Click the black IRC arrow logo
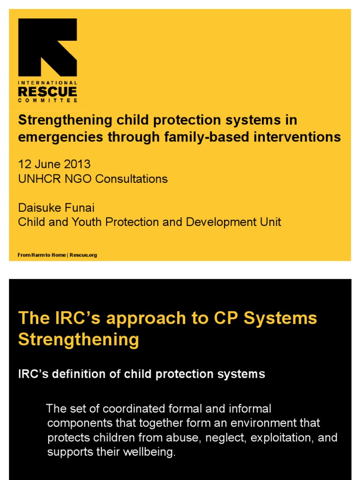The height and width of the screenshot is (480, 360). click(47, 47)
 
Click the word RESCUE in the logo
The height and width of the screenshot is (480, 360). click(47, 91)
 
